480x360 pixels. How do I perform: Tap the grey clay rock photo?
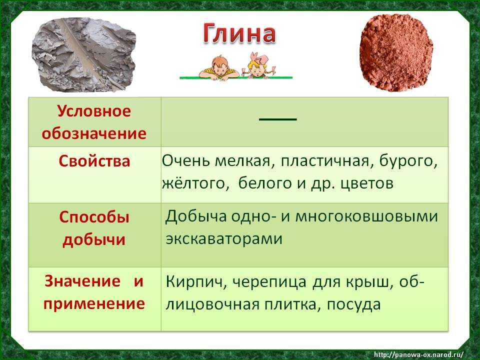(84, 55)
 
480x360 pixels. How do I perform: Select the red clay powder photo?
(396, 52)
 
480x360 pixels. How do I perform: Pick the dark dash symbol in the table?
(278, 119)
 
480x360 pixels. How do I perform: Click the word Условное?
(94, 111)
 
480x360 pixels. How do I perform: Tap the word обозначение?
(94, 133)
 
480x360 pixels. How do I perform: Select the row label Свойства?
(94, 161)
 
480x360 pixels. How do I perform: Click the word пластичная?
(325, 161)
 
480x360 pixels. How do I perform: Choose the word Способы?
(94, 217)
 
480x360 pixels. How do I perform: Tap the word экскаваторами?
(224, 239)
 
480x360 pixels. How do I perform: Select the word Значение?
(82, 281)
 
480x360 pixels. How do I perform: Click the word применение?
(94, 303)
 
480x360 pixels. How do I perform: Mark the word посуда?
(353, 304)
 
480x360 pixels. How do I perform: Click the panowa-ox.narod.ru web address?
(419, 354)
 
